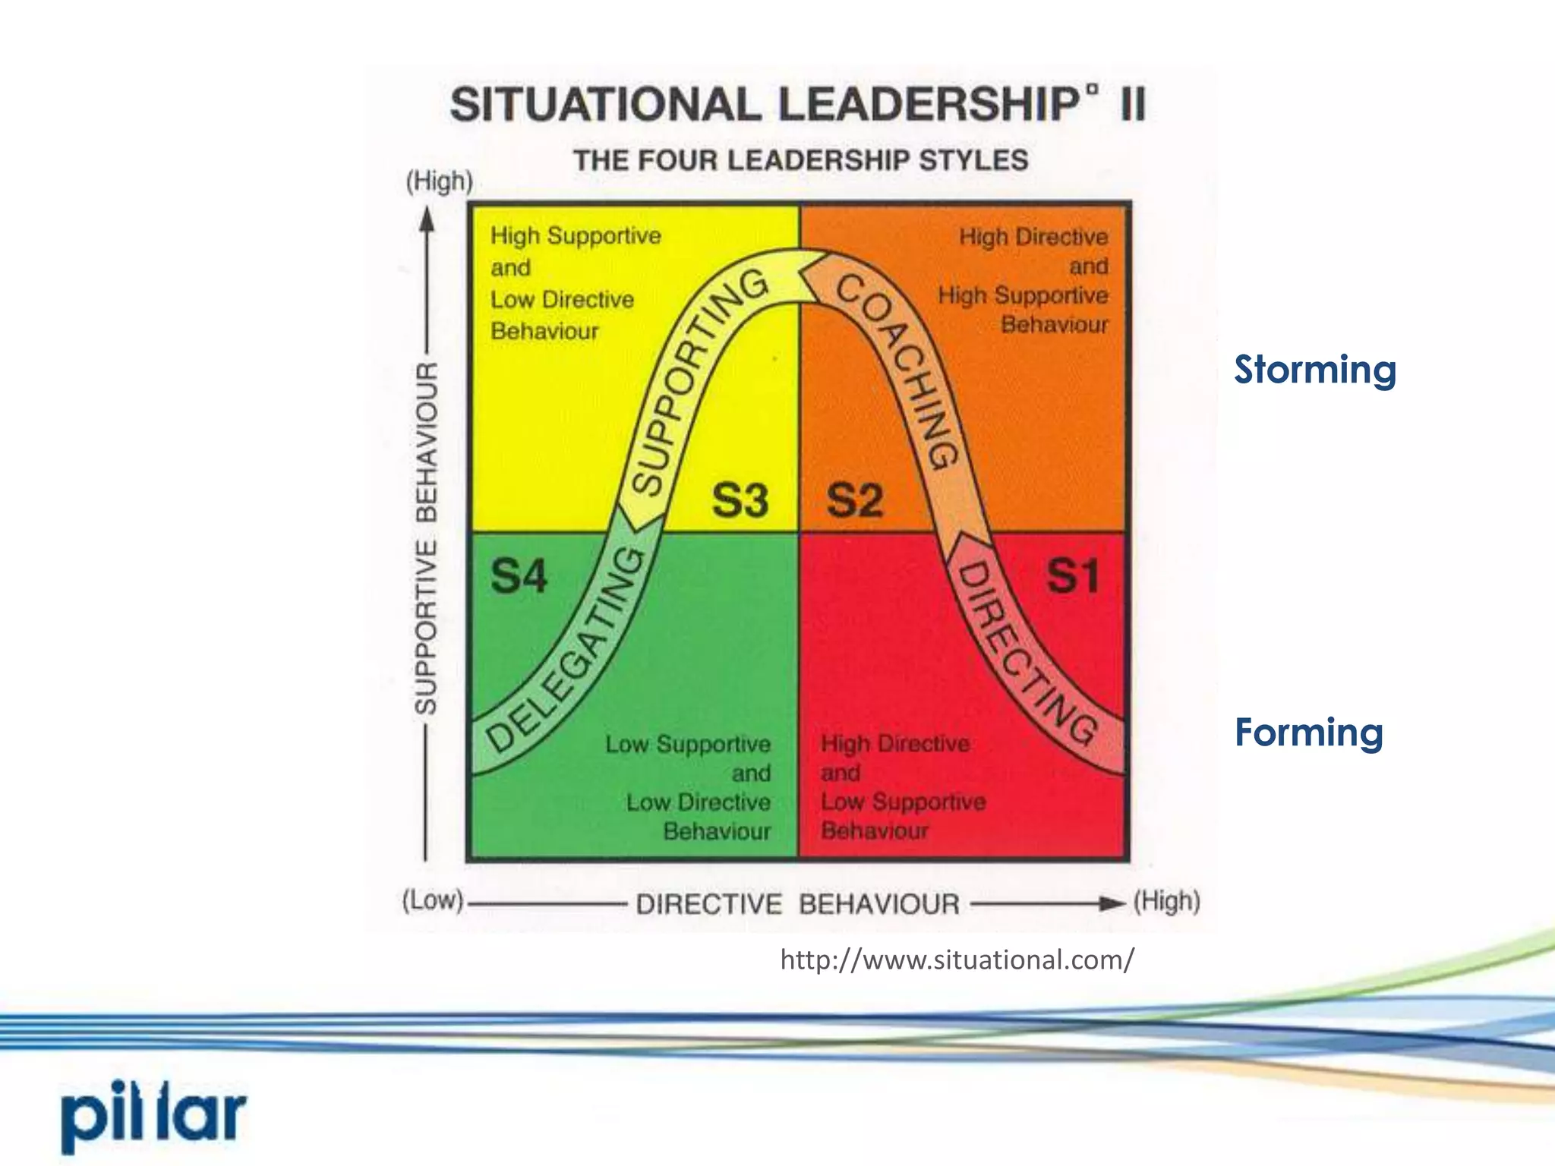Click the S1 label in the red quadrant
[1072, 575]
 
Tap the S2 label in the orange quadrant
[855, 501]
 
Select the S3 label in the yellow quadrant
[740, 501]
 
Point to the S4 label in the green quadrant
[519, 575]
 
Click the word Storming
[1314, 370]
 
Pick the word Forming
[1308, 733]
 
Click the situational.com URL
[957, 960]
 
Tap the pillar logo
[154, 1116]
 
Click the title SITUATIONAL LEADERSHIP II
[797, 104]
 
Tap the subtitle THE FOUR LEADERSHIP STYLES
[800, 161]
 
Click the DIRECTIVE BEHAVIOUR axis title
[797, 904]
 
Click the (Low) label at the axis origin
[432, 901]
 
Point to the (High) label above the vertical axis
[439, 181]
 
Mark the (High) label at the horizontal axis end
[1166, 902]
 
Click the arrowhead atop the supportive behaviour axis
[427, 218]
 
